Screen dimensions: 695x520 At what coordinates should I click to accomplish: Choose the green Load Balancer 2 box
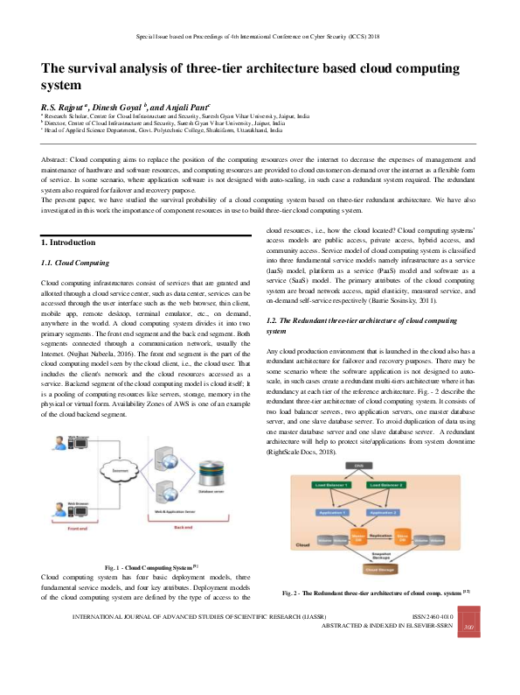[410, 484]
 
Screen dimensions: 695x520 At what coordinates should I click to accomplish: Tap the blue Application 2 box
[410, 512]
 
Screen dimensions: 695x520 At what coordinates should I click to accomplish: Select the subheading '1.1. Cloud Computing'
[75, 263]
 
